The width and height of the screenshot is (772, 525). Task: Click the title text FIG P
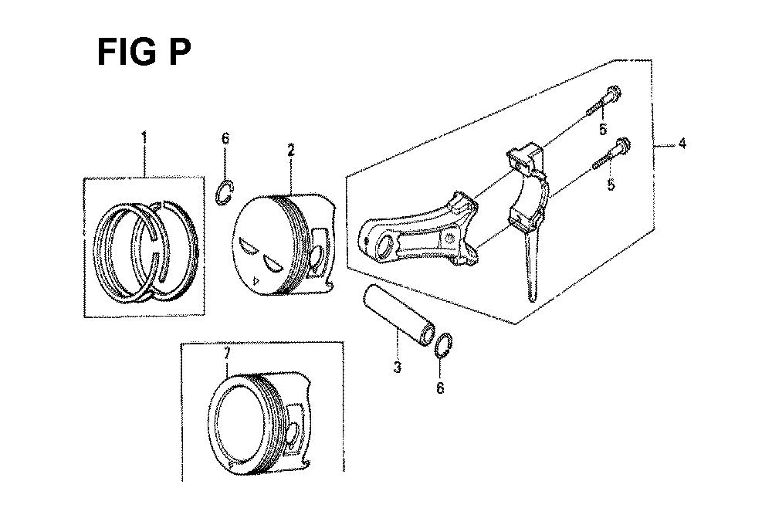144,52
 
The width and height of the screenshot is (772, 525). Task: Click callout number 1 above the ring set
144,137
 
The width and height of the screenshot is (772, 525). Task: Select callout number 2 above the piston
291,151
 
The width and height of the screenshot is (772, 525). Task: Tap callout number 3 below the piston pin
398,367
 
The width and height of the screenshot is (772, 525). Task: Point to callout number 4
682,144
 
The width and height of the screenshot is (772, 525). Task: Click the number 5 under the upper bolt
603,130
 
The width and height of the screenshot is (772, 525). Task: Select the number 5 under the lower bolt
611,185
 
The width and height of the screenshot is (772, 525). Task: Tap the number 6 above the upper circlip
225,138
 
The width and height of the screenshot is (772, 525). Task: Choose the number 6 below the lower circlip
440,388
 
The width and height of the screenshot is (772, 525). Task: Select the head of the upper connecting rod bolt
612,93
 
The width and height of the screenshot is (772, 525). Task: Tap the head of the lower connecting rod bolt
623,146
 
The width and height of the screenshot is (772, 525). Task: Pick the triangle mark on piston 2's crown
256,281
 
